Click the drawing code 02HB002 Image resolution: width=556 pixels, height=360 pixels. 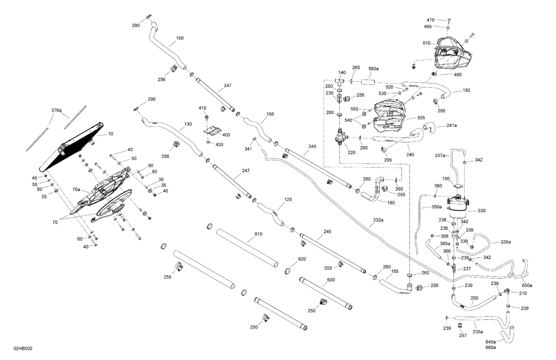point(23,349)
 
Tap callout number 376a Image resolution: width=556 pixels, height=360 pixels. point(57,110)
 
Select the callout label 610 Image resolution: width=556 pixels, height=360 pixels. point(258,234)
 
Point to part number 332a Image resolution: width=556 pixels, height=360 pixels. point(378,220)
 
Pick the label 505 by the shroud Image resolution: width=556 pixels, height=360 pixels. point(411,118)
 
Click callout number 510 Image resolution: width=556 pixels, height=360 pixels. point(426,43)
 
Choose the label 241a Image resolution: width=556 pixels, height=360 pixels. point(451,125)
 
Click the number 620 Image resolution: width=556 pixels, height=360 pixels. point(302,259)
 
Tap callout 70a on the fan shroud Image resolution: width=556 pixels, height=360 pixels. point(76,189)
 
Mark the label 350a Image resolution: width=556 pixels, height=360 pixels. point(437,207)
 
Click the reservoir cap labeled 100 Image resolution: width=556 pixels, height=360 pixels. point(458,187)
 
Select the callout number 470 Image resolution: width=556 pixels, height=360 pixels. point(430,20)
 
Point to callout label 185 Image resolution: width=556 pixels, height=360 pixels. point(395,271)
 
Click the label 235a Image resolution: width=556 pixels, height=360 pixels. point(478,331)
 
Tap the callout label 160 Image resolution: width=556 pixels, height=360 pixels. point(180,38)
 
